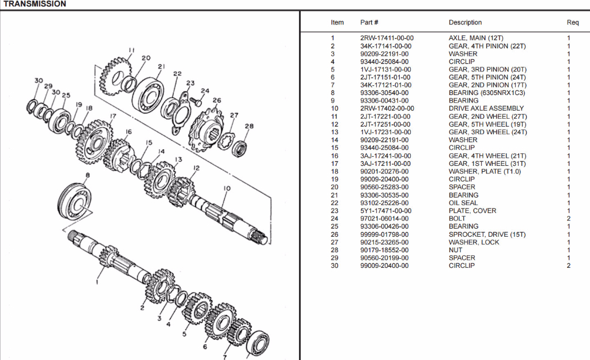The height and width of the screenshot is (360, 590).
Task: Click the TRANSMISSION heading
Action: pos(35,4)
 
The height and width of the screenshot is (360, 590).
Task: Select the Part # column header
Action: pos(369,22)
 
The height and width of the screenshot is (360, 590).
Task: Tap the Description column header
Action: pos(465,22)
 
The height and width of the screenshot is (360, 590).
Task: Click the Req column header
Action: pos(572,22)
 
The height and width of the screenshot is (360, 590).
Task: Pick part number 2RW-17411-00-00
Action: pos(385,38)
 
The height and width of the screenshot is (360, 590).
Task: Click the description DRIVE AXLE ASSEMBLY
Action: pos(486,108)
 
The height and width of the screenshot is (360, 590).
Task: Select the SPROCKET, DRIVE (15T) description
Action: pos(487,234)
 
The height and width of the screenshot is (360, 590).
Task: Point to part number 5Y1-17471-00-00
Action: pos(385,211)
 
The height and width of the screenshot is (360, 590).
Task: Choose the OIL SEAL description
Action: pos(463,203)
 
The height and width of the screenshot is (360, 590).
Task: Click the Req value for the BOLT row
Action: pos(568,219)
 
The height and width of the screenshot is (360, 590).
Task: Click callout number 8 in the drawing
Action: pos(88,175)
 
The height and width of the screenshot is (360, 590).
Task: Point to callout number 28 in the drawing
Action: pos(249,126)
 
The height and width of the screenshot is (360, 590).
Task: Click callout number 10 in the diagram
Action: pos(227,188)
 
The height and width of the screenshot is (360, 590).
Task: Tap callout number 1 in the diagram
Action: pos(96,282)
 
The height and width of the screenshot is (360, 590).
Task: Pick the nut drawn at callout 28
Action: pos(240,147)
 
